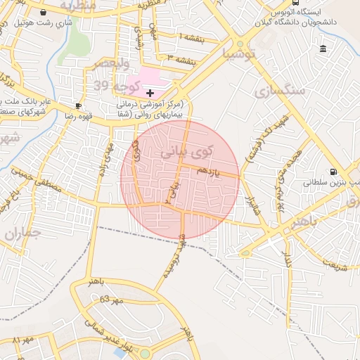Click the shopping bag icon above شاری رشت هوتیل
point(44,12)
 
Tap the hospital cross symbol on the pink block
point(149,93)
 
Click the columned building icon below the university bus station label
point(323,49)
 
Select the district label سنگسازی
point(280,91)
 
